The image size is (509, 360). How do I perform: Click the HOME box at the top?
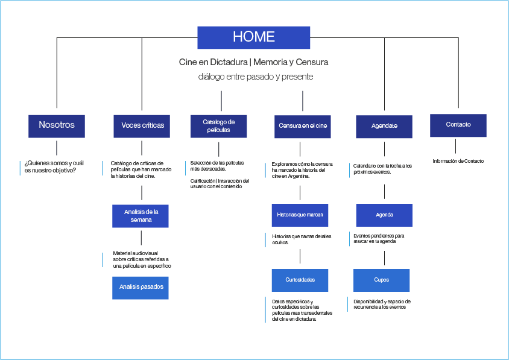(254, 37)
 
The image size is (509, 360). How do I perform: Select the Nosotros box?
(57, 125)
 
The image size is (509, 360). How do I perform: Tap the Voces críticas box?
(142, 126)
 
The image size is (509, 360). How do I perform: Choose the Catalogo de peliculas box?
(218, 126)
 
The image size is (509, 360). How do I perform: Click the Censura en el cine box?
(303, 127)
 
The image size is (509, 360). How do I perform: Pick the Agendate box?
(384, 127)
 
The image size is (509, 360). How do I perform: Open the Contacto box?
(458, 125)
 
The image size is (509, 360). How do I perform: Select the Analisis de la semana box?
(141, 216)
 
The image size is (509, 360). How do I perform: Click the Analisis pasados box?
(141, 288)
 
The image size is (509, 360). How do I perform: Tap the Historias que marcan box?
(300, 215)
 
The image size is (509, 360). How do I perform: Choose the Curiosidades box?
(300, 280)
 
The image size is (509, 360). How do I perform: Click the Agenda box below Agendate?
(384, 215)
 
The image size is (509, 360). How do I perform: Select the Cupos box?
(381, 280)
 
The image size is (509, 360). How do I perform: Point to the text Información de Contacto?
(458, 161)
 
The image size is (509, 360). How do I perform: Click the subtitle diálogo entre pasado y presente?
(256, 77)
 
